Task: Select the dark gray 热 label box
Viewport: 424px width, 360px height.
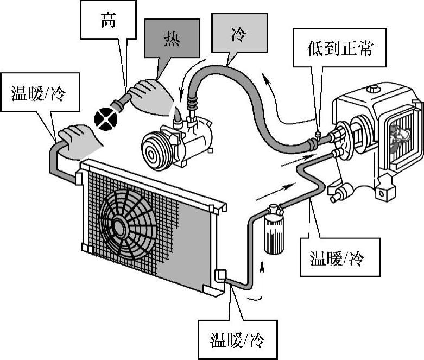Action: point(173,39)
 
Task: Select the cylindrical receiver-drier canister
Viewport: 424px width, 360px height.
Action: point(275,231)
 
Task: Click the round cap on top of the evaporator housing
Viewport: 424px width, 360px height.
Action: point(373,89)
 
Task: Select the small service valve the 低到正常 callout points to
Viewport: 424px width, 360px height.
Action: point(318,132)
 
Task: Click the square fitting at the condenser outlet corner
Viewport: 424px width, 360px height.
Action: point(221,275)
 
